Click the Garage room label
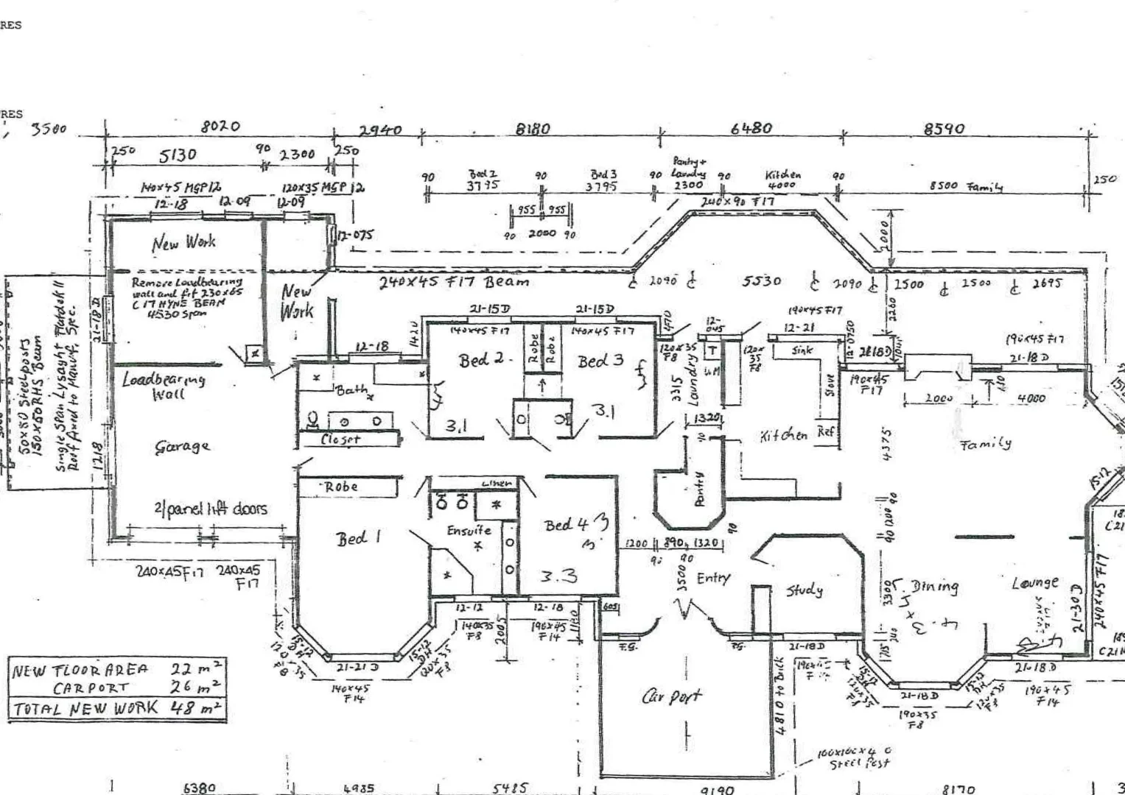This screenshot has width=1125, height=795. coord(182,446)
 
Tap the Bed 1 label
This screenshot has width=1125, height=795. coord(359,538)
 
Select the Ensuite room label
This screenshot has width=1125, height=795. coord(469,530)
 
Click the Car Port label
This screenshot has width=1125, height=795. coord(671,696)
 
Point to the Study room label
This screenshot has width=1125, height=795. coord(804,590)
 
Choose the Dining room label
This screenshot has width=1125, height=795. coord(935,587)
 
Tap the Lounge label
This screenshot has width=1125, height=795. coord(1035,583)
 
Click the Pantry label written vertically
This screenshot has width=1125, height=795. coord(700,489)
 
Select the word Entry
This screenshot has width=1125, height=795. coord(712,578)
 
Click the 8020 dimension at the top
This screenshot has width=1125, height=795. coord(220,127)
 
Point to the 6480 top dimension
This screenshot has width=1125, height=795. coord(751,128)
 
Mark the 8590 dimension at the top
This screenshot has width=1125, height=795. coord(944,129)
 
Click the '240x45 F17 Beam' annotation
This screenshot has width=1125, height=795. coord(454,281)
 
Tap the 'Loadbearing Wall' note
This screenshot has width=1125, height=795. coord(164,386)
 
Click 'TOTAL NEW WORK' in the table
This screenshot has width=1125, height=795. coord(85,708)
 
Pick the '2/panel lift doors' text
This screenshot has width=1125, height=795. coord(211,509)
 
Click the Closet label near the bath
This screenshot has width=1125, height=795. coord(340,439)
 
